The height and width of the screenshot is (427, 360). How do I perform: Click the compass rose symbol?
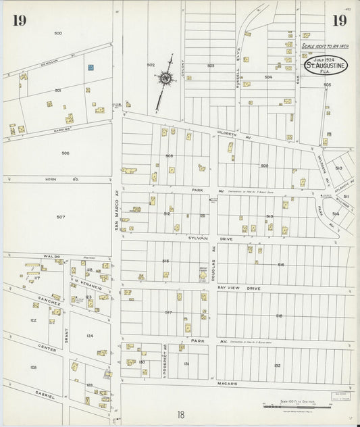[x=165, y=79]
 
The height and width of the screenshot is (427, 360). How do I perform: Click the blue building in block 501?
[x=90, y=67]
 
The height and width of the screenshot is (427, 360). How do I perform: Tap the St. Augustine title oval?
[x=326, y=65]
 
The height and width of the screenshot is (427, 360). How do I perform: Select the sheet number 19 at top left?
[x=18, y=20]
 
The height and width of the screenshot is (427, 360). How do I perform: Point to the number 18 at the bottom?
[x=180, y=416]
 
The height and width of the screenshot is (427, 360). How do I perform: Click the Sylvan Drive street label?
[x=201, y=238]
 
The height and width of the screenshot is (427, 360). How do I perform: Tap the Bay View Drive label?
[x=238, y=288]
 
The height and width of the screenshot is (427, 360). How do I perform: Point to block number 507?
[x=60, y=217]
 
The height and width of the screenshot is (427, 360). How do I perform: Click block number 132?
[x=277, y=365]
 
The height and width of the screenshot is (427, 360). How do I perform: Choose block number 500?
[x=57, y=33]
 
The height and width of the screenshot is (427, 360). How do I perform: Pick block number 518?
[x=278, y=316]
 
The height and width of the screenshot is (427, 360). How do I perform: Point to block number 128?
[x=33, y=367]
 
